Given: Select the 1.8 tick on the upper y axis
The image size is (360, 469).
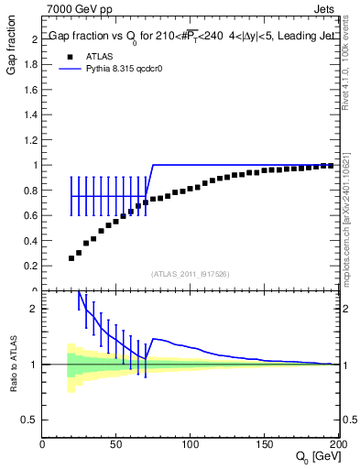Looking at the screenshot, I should coord(32,65).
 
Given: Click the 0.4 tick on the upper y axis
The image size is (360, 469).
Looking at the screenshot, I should coord(32,241).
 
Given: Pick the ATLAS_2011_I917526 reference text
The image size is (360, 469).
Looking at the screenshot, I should coord(191,274).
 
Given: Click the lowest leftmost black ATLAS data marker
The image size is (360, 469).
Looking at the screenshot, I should coord(71,258).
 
